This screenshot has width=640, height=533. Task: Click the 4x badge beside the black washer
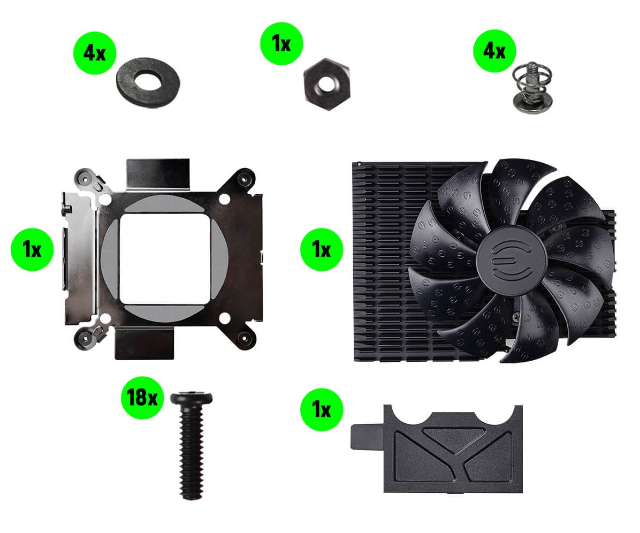[95, 53]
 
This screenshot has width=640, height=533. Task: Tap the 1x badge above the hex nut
[281, 43]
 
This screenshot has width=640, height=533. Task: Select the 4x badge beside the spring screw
[494, 51]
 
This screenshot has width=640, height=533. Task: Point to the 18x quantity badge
[142, 397]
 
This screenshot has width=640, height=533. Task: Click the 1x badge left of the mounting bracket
[32, 249]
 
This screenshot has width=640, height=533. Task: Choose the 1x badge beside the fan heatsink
[322, 249]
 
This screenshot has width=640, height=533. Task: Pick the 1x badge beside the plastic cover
[322, 409]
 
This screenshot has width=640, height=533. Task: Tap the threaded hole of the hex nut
[326, 85]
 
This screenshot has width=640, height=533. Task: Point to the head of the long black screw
[192, 399]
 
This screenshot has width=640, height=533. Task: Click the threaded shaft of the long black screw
[191, 453]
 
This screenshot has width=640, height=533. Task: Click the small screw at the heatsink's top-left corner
[359, 164]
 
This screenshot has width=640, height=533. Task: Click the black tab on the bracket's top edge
[158, 174]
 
